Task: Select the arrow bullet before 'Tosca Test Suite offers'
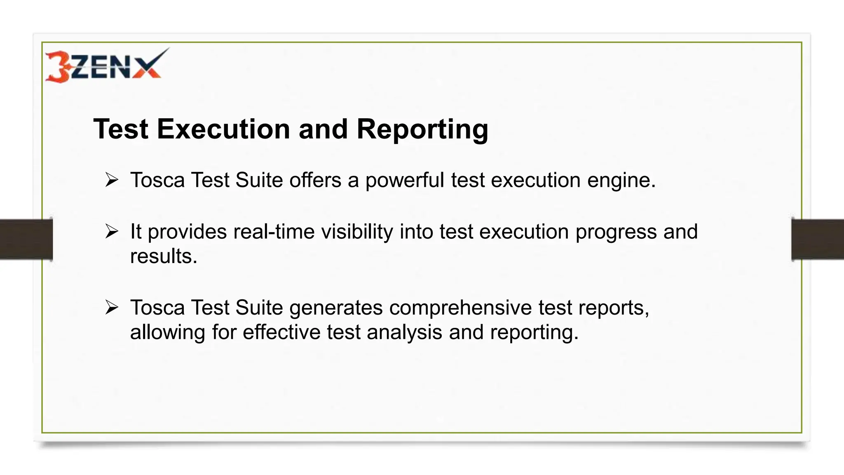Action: click(x=112, y=180)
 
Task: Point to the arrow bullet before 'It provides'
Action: click(x=112, y=231)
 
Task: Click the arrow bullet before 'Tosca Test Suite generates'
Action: click(x=112, y=308)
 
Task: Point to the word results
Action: click(x=164, y=256)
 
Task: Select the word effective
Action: click(x=281, y=332)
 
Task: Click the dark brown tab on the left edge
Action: click(x=26, y=239)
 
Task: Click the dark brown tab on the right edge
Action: click(x=818, y=239)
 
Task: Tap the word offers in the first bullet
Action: click(x=315, y=180)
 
